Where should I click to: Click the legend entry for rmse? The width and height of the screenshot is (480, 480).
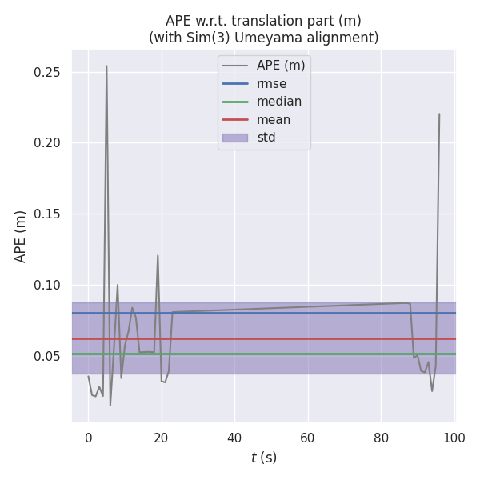(x=271, y=83)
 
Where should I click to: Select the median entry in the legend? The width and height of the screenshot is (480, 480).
(x=278, y=102)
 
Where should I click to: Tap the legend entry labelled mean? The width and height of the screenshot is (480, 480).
(x=273, y=120)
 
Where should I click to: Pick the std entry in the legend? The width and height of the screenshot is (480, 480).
(x=266, y=138)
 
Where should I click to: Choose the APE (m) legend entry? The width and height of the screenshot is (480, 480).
(x=280, y=66)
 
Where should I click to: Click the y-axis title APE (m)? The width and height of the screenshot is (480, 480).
(x=21, y=236)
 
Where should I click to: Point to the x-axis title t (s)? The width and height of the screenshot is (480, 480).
(x=263, y=458)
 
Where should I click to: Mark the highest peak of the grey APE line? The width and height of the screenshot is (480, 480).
(x=106, y=66)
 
